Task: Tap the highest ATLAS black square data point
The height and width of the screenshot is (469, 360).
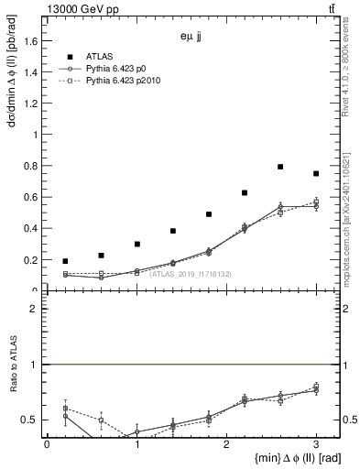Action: tap(280, 167)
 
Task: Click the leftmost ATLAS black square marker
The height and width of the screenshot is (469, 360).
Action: tap(65, 261)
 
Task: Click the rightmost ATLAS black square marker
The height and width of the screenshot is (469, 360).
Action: tap(316, 173)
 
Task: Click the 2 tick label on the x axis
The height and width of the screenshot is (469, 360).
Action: tap(226, 443)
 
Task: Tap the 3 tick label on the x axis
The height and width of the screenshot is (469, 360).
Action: tap(316, 443)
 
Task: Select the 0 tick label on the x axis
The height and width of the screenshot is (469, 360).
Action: tap(47, 443)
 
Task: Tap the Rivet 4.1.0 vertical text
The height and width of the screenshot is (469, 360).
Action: tap(351, 64)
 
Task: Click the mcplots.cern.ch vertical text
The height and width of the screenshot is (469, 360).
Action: tap(351, 215)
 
